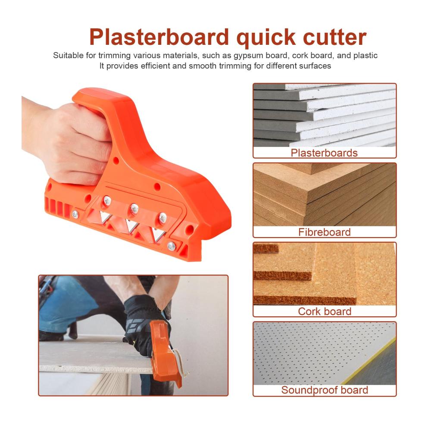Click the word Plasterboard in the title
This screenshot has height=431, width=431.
159,37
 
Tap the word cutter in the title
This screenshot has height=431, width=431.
334,37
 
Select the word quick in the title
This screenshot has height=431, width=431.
266,39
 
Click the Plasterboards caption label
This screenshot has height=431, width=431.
324,153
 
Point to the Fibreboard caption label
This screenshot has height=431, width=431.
325,232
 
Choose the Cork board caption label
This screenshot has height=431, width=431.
325,312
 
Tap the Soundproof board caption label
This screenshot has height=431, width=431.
325,390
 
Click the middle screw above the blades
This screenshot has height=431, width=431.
134,208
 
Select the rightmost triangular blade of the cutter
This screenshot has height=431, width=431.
158,234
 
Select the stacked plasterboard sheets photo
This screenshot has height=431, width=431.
325,115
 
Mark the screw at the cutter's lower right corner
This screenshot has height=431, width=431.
172,246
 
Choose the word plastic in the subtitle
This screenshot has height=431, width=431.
365,56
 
